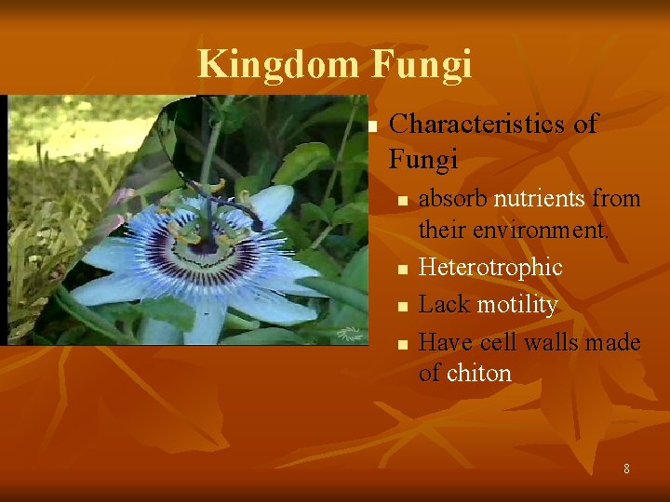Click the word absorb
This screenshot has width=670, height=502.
[x=453, y=199]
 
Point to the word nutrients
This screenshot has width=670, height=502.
[x=543, y=199]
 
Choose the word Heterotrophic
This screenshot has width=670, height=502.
[x=490, y=268]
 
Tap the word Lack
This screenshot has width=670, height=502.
[x=444, y=305]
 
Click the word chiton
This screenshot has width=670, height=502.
[x=479, y=374]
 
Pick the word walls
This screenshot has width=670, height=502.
[x=554, y=342]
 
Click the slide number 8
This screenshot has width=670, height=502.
[x=626, y=469]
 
